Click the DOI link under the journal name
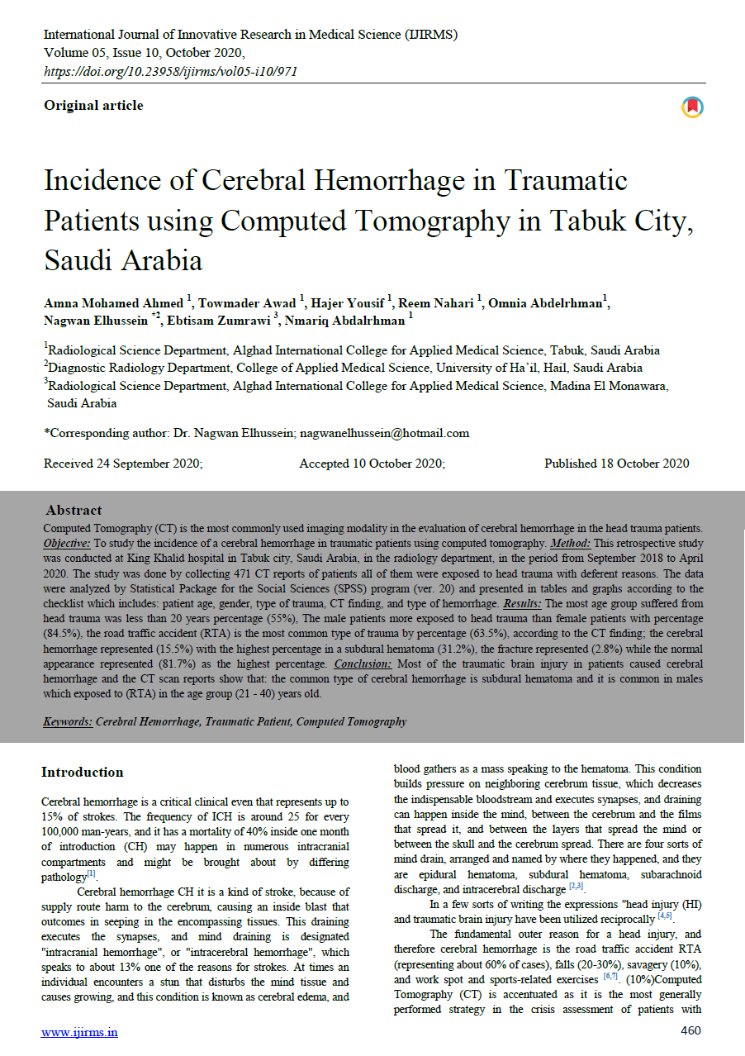click(170, 71)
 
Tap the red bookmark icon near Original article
click(691, 107)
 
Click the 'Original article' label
click(93, 105)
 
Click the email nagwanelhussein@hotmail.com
click(384, 432)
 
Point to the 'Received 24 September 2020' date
click(123, 464)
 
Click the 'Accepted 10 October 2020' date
click(372, 464)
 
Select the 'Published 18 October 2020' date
click(616, 464)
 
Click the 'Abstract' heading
click(74, 510)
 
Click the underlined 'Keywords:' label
click(68, 721)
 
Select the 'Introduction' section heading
click(83, 772)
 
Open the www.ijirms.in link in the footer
click(80, 1031)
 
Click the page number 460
click(690, 1030)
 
